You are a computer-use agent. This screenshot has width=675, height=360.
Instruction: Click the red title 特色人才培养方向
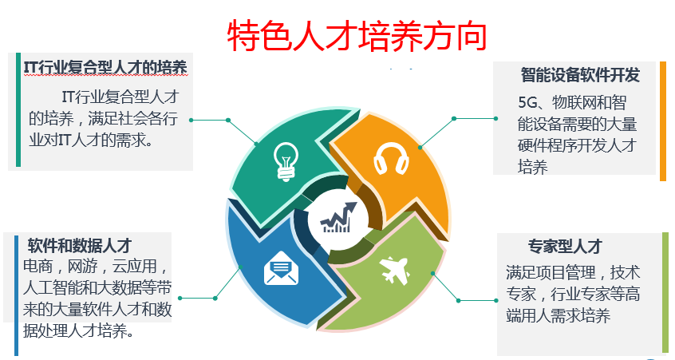(357, 36)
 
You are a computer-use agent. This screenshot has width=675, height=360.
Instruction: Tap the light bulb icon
(286, 161)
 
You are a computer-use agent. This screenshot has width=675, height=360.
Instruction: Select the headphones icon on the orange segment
(391, 159)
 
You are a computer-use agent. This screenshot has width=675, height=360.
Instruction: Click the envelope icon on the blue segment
(281, 268)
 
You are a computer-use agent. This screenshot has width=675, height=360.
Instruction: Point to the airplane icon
(394, 270)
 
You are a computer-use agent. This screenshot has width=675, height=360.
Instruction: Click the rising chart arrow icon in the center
(338, 217)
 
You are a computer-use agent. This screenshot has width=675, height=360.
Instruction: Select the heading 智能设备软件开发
(580, 75)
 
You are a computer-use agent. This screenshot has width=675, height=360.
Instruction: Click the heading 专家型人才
(565, 247)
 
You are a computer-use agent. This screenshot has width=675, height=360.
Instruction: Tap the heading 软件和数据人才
(80, 246)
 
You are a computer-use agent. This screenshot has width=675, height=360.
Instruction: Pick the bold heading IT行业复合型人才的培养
(105, 67)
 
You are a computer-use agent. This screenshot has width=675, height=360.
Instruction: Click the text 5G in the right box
(527, 102)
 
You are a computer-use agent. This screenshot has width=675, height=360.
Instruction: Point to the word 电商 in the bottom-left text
(37, 266)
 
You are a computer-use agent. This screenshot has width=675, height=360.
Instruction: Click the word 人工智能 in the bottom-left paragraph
(53, 287)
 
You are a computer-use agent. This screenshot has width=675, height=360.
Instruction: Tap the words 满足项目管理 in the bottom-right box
(551, 272)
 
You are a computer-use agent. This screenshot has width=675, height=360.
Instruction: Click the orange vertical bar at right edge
(663, 121)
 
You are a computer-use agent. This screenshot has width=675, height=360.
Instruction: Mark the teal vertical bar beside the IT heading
(18, 109)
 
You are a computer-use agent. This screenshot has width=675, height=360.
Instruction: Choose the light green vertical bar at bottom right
(665, 293)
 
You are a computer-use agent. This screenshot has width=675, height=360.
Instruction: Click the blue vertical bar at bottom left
(17, 295)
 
